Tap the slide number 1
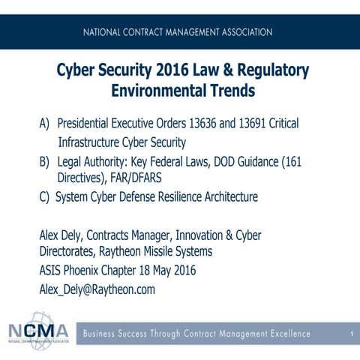click(350, 333)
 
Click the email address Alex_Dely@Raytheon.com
click(97, 289)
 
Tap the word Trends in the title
click(226, 92)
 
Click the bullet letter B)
click(45, 161)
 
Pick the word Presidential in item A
click(86, 123)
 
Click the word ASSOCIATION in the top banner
click(240, 33)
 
